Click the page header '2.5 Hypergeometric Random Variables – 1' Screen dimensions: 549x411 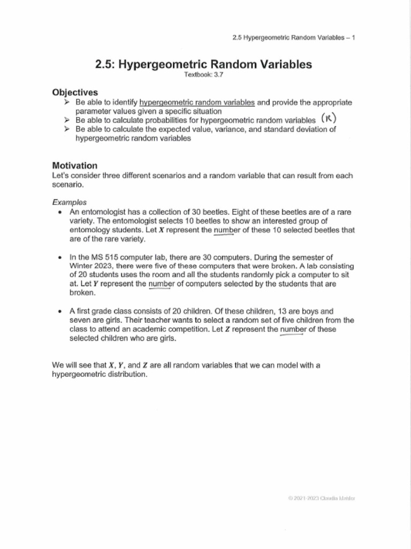point(294,38)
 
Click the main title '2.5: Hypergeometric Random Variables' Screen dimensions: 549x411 point(203,65)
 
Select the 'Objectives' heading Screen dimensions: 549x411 point(75,92)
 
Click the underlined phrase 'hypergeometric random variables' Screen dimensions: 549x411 point(197,102)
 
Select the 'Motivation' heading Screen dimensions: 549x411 point(75,166)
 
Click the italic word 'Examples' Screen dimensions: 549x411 point(69,202)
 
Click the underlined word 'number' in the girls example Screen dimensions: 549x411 point(292,330)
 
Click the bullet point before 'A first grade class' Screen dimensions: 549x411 point(59,311)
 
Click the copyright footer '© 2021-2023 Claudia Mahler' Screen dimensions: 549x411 point(321,498)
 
